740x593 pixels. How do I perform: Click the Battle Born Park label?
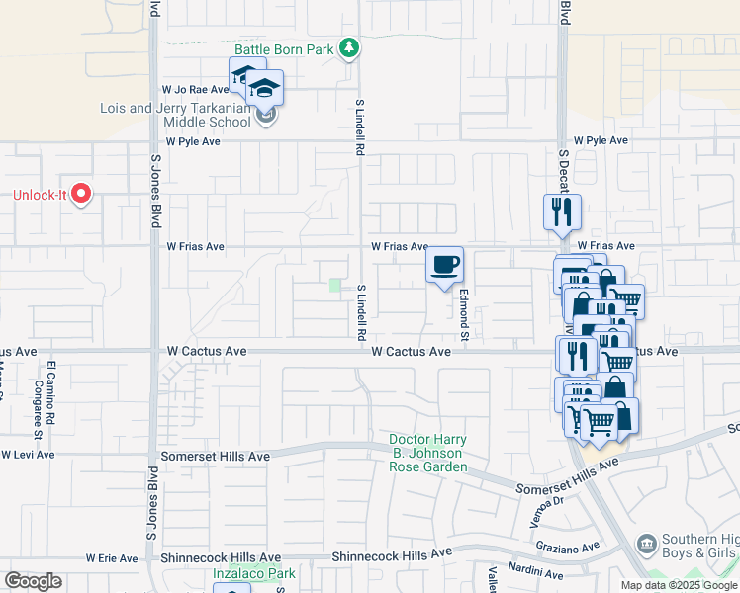click(283, 48)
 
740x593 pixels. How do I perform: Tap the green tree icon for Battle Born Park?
click(348, 47)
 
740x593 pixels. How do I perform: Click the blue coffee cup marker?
click(444, 265)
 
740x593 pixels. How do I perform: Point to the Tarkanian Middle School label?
click(175, 115)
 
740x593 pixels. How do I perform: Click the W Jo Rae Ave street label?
click(196, 89)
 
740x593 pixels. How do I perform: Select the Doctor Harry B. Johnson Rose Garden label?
click(427, 453)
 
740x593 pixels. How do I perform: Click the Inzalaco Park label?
click(254, 573)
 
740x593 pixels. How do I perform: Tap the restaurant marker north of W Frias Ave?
click(561, 212)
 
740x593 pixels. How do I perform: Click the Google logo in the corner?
click(33, 581)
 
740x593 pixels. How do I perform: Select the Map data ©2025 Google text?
click(679, 585)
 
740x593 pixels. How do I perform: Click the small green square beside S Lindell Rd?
click(334, 286)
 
